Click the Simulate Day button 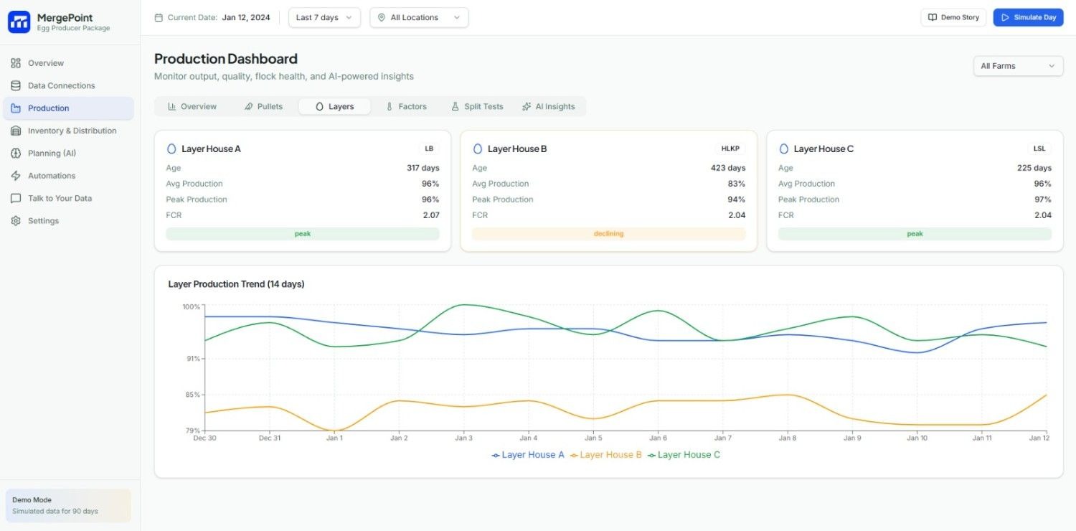(x=1027, y=17)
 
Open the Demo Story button (x=953, y=17)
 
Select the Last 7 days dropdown (x=324, y=17)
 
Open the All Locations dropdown (x=419, y=17)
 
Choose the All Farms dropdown (x=1017, y=66)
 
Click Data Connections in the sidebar (x=61, y=85)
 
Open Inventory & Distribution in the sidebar (x=72, y=131)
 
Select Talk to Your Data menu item (x=60, y=198)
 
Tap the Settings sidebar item (x=43, y=220)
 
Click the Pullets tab (x=263, y=106)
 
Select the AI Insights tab (x=549, y=106)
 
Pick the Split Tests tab (x=477, y=106)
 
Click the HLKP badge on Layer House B (x=730, y=149)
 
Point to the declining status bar (x=608, y=234)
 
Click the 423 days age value (x=727, y=168)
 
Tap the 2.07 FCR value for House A (x=431, y=215)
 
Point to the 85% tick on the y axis (x=192, y=395)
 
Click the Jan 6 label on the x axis (x=658, y=438)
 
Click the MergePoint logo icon (x=19, y=22)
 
